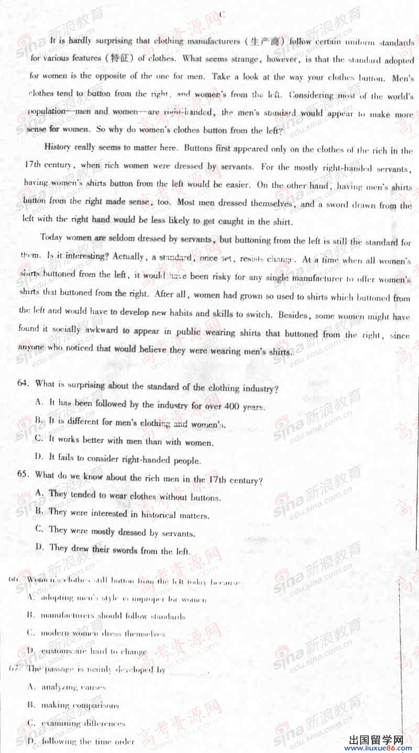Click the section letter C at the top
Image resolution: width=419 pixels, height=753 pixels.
(x=222, y=15)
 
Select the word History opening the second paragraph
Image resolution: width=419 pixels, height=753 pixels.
(x=58, y=147)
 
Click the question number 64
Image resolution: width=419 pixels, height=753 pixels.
(x=23, y=383)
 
